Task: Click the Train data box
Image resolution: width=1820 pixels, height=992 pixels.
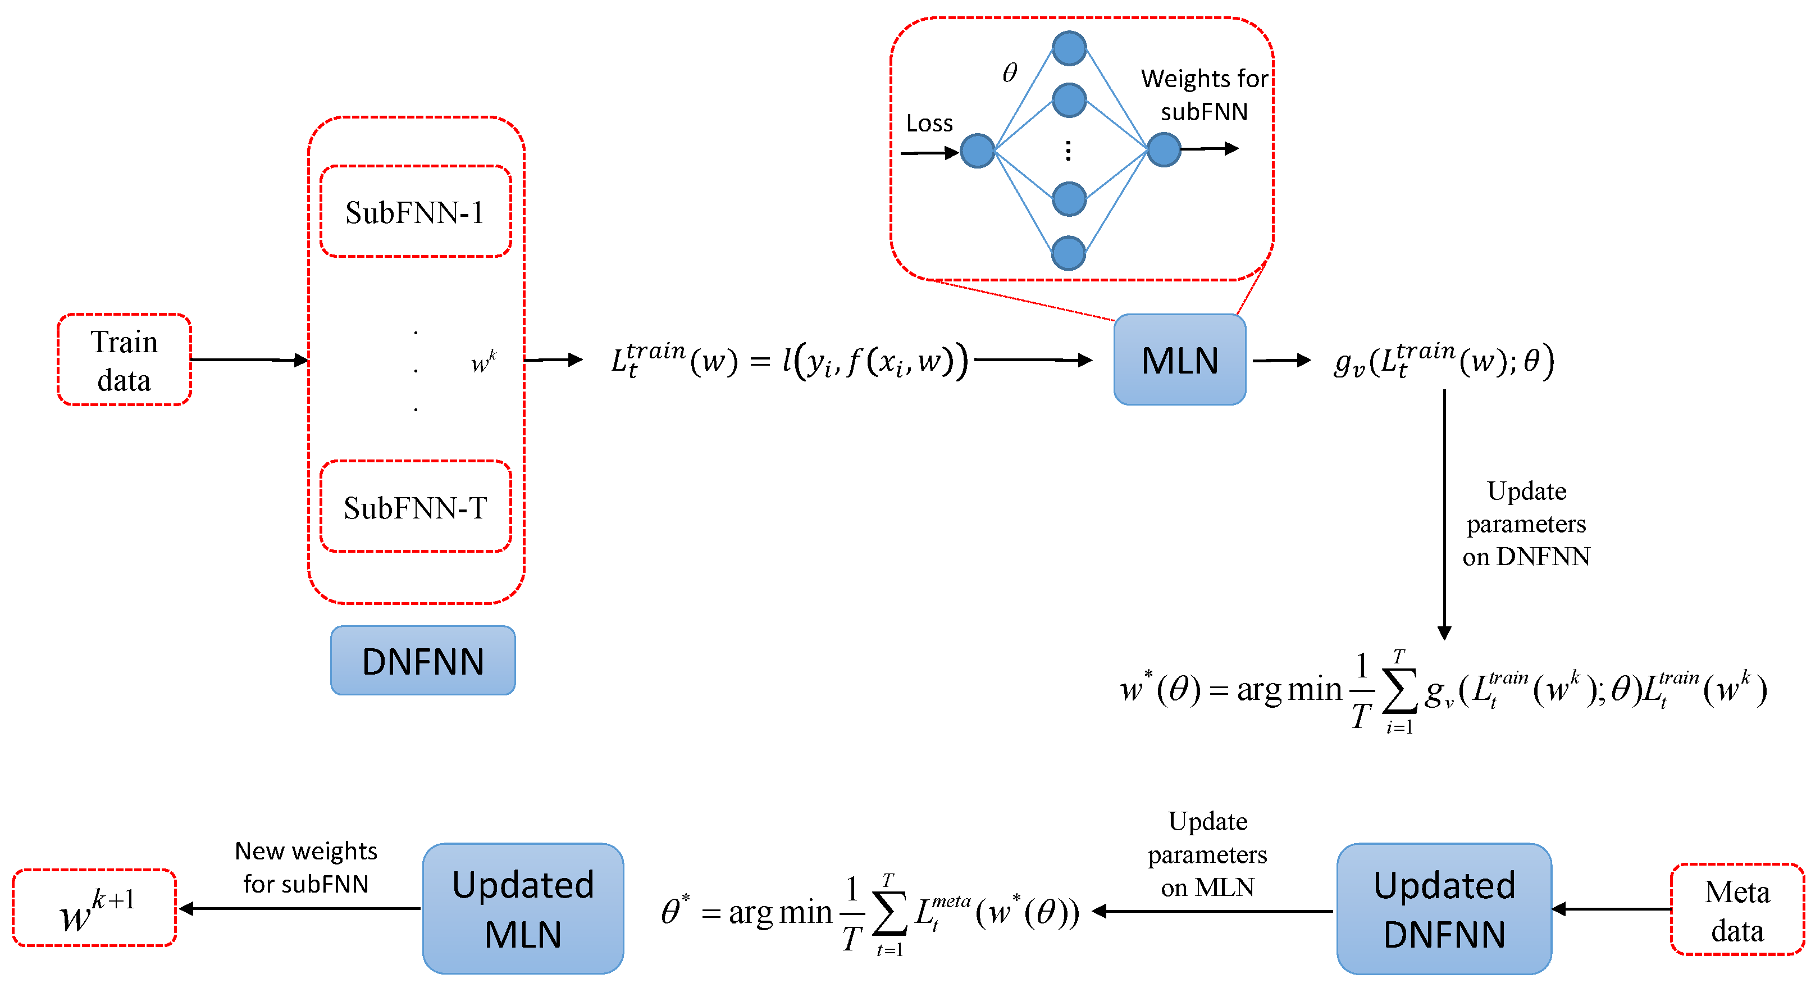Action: pos(124,360)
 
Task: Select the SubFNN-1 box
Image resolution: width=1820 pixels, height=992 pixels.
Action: pos(416,211)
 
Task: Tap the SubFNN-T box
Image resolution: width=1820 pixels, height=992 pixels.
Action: pos(416,506)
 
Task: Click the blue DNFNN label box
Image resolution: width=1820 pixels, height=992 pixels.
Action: pos(422,661)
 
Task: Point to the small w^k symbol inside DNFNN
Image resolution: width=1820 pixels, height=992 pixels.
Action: pos(483,361)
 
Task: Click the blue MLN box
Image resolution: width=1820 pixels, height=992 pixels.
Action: pos(1179,360)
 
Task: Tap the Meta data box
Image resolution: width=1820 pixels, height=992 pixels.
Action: pos(1737,909)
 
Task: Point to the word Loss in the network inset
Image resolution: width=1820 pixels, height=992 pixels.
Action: pos(929,124)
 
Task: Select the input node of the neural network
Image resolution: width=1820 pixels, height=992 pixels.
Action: pos(977,151)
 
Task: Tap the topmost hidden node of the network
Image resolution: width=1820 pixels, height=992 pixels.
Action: pos(1068,48)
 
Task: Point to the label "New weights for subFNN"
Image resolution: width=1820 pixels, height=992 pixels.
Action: pos(305,866)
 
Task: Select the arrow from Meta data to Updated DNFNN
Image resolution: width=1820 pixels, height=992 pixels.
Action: pos(1611,909)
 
